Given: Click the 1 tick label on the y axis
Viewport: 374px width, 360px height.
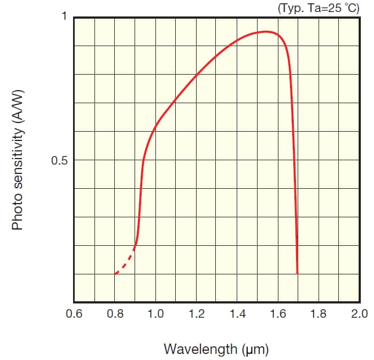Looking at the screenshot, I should [x=64, y=16].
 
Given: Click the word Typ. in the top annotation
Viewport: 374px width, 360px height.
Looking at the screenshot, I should [x=290, y=7].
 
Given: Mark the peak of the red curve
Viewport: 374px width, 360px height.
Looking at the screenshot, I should [x=267, y=32].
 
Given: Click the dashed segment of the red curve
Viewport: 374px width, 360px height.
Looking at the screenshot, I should [x=125, y=262].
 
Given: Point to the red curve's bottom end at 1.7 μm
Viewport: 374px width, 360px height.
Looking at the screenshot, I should [x=297, y=272].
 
